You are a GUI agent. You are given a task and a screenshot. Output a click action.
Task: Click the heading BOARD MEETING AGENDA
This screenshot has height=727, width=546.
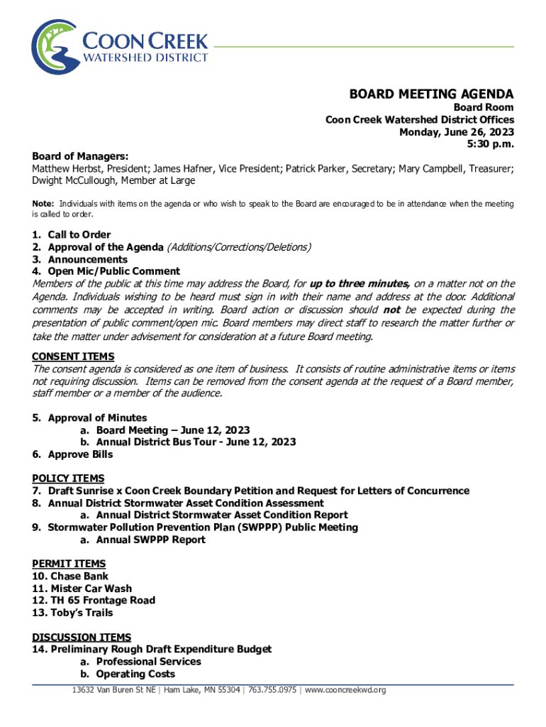tap(431, 94)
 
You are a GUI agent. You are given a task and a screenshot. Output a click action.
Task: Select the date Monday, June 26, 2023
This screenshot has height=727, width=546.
tap(457, 132)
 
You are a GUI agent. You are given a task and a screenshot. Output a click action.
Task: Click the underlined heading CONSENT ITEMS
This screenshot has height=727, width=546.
tap(73, 356)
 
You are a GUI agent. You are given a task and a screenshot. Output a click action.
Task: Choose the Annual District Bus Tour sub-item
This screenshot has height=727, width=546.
tap(196, 442)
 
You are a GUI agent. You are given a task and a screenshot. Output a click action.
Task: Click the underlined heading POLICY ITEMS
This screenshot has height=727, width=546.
tap(68, 479)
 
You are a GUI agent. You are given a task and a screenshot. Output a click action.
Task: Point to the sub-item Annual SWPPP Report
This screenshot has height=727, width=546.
tap(150, 540)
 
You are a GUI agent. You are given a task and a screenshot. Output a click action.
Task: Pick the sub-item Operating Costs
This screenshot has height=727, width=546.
tap(135, 674)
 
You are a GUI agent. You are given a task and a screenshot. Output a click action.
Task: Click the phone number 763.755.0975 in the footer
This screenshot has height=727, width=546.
tap(272, 690)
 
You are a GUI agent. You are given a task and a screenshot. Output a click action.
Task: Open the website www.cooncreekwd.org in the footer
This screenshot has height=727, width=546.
tap(345, 690)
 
